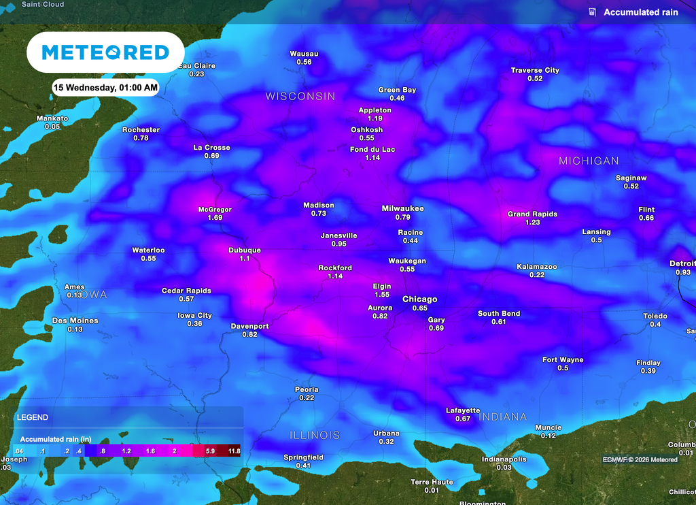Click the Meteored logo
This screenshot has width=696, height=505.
[x=105, y=52]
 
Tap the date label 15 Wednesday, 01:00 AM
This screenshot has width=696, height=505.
[x=106, y=87]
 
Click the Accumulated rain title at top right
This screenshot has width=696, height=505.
[x=640, y=12]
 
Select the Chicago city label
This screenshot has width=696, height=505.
[x=419, y=299]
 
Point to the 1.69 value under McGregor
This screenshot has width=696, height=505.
[x=215, y=218]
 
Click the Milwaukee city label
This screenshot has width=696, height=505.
[x=402, y=208]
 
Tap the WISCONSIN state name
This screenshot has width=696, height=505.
[x=300, y=97]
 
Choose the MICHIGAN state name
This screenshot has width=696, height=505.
[x=589, y=161]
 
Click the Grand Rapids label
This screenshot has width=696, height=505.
[x=532, y=214]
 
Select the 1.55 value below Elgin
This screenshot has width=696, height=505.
[x=382, y=295]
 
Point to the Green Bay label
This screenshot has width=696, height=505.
[x=397, y=90]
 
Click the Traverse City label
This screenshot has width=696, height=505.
[x=535, y=70]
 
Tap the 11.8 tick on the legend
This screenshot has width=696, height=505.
[x=234, y=451]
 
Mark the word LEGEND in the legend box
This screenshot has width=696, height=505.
[x=33, y=417]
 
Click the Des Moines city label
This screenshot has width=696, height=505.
[x=75, y=321]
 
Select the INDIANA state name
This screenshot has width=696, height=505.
[x=503, y=417]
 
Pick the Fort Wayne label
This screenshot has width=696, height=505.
[x=563, y=359]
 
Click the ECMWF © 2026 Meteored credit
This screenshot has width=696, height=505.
[x=640, y=459]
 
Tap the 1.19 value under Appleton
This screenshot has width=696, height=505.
[x=375, y=118]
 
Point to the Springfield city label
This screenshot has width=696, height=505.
[x=303, y=457]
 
